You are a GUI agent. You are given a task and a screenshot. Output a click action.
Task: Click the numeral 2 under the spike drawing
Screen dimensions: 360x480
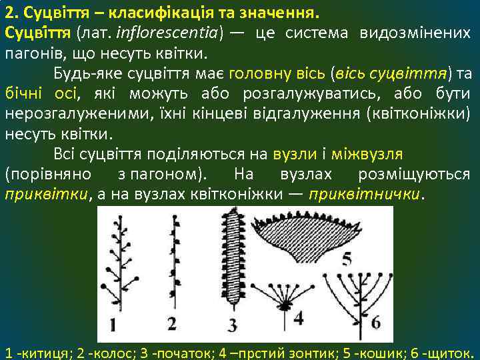click(x=172, y=323)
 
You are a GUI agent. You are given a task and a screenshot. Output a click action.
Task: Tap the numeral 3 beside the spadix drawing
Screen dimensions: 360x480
click(x=232, y=325)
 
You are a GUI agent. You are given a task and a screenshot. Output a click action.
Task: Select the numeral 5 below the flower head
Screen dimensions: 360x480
click(x=347, y=260)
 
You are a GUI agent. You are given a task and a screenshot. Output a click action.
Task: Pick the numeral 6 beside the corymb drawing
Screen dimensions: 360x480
click(x=375, y=322)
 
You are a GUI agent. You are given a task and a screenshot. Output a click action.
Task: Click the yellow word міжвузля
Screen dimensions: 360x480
click(x=373, y=155)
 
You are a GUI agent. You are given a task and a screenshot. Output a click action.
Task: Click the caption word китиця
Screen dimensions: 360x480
click(x=43, y=351)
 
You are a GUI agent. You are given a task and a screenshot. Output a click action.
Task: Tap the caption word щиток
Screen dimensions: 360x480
click(x=449, y=351)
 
